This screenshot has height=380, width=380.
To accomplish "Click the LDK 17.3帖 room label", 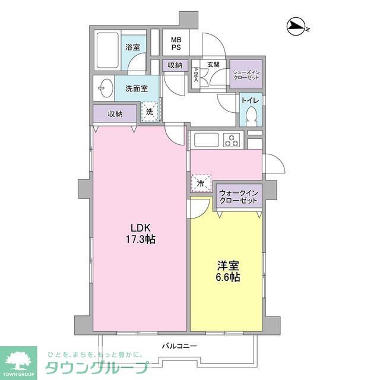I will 141,233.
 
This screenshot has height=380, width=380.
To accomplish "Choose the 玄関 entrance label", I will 213,64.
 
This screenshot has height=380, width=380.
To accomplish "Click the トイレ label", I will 249,100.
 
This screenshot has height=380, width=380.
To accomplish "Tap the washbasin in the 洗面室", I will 104,88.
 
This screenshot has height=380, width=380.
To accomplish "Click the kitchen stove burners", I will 231,141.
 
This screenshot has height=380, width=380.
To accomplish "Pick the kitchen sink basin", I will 205,141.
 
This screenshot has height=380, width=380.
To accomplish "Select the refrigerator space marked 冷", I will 201,183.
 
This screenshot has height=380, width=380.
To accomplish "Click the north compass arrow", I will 295,26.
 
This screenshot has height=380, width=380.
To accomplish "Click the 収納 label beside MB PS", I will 175,65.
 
